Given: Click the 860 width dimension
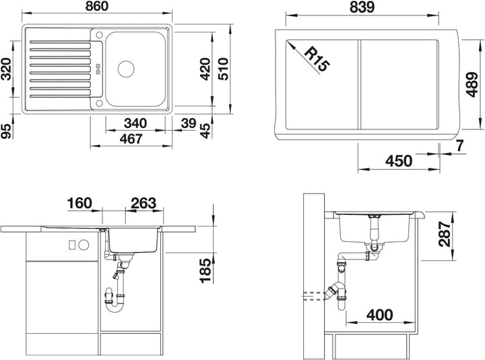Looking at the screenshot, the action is pos(97,6).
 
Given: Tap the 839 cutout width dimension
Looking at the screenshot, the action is pos(362,7).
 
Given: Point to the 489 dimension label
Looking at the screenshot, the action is pos(472,84).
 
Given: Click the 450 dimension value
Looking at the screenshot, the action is pos(399,161).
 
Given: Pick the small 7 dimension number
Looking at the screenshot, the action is pos(460,146).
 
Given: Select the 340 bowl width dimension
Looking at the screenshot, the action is pos(135,123).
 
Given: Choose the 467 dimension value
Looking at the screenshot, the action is pos(131,139).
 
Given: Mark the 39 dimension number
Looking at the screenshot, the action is pos(189,123).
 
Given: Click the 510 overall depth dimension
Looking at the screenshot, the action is pos(223,69).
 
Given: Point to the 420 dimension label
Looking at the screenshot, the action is pos(205,69).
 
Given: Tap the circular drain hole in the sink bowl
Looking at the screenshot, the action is pos(126,68).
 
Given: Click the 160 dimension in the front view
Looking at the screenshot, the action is pos(79,203).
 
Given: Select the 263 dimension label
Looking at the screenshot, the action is pos(143,203).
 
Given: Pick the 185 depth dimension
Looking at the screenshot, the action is pos(205,271).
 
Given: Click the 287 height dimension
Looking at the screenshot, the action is pos(445,234).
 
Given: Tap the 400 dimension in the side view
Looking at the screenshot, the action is pos(379,315).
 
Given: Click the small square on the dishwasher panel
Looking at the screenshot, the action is pos(72,245).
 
